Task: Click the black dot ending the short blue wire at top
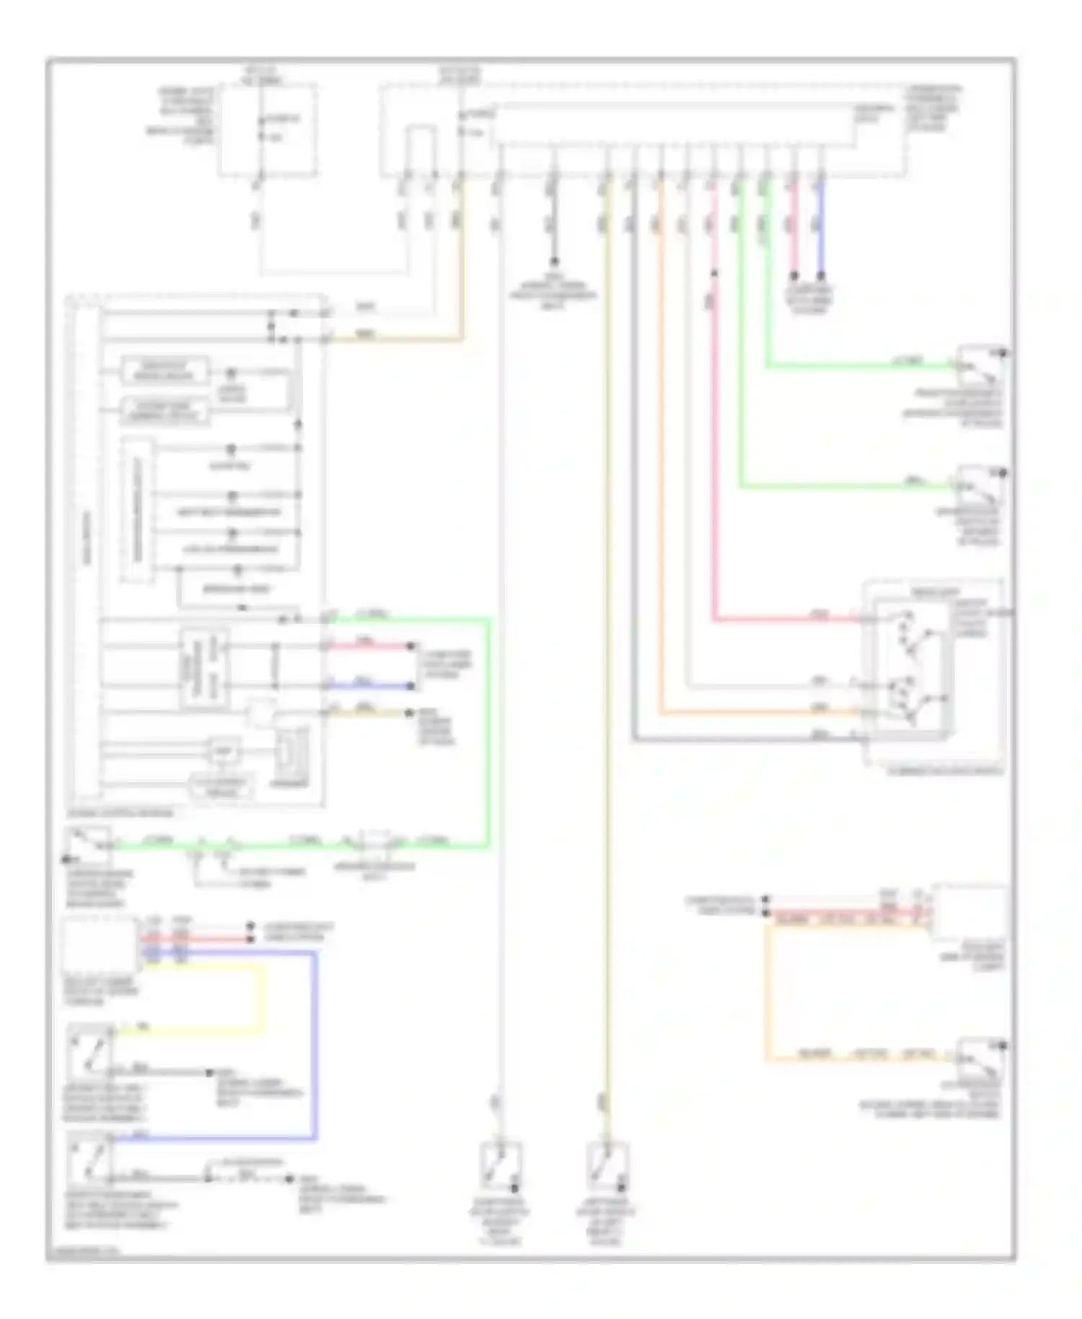click(x=820, y=275)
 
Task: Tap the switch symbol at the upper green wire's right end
click(x=980, y=366)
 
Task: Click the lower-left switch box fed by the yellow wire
click(x=90, y=1046)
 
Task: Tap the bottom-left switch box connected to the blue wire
click(x=90, y=1154)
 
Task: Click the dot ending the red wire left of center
click(x=411, y=645)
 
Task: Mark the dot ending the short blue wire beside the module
click(x=411, y=686)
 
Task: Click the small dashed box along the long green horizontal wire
click(x=374, y=841)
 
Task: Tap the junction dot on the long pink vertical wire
click(x=713, y=273)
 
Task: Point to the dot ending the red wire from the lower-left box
click(x=250, y=939)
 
